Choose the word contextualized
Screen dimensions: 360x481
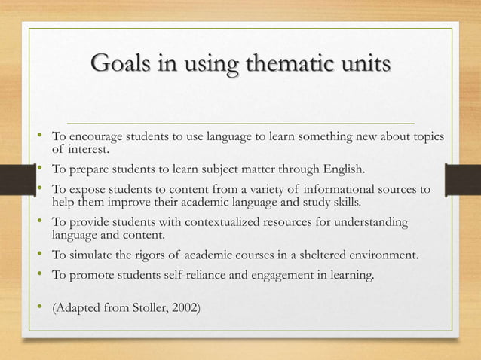239,223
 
